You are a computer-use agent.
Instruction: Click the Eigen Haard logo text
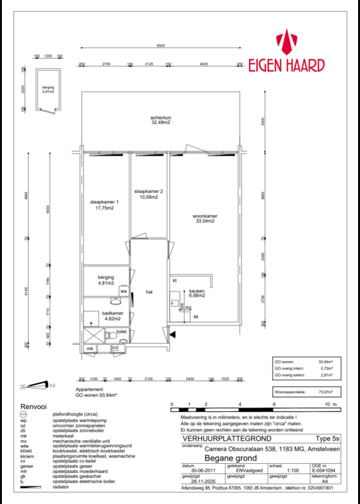pos(287,65)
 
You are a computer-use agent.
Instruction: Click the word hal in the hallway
pos(149,292)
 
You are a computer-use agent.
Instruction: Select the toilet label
pos(122,332)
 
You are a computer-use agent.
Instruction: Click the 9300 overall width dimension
pos(161,46)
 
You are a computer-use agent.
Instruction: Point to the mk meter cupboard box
pos(90,348)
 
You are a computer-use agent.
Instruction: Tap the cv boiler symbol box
pos(115,347)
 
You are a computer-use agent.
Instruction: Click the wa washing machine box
pos(124,291)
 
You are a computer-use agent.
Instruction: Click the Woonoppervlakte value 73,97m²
pos(325,391)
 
